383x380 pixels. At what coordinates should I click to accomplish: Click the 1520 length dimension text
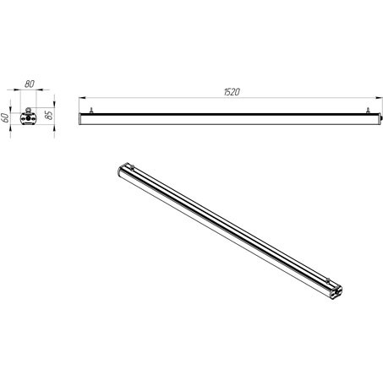click(232, 92)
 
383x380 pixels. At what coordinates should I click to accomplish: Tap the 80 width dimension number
click(30, 84)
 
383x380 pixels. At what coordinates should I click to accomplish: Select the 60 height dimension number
click(5, 117)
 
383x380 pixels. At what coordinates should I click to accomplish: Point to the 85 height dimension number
click(49, 115)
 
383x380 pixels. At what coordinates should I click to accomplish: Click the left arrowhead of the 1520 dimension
click(82, 98)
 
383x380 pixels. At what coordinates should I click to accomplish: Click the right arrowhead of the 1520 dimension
click(380, 98)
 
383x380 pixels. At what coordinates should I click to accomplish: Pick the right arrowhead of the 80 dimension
click(40, 90)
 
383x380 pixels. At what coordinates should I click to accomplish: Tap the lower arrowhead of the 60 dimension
click(11, 128)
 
